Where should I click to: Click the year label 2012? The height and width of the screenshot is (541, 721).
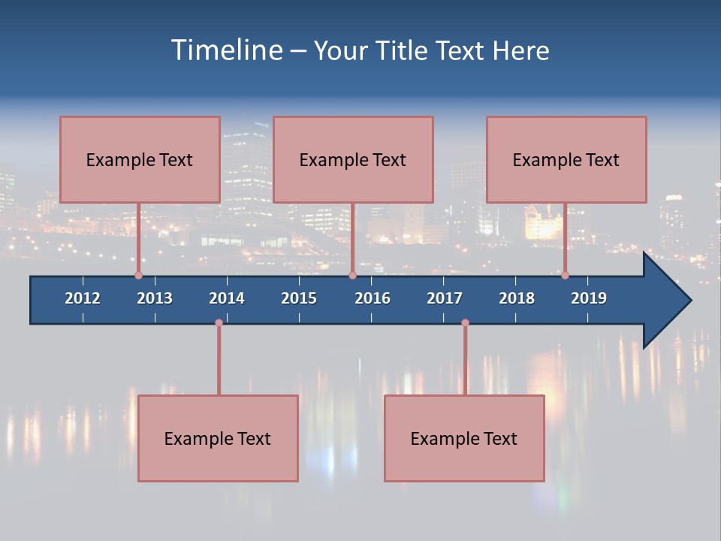coord(83,298)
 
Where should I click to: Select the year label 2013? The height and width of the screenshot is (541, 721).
coord(155,298)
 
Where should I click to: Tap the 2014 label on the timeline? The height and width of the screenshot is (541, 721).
coord(227,298)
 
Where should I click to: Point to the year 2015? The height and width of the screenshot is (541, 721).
coord(299,298)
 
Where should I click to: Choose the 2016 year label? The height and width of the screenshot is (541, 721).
coord(373,298)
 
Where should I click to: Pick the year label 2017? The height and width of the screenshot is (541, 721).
coord(445,298)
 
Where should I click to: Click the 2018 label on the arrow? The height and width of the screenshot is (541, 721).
coord(517,298)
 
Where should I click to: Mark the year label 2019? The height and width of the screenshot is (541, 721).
coord(589,298)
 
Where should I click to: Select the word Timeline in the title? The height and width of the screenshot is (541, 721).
coord(225,50)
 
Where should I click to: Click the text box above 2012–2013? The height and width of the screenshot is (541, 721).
coord(140,159)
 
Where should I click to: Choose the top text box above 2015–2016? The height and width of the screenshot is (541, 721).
coord(353,159)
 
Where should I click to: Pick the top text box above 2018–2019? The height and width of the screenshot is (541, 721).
coord(566,159)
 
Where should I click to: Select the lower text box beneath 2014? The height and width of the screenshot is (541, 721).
coord(218,438)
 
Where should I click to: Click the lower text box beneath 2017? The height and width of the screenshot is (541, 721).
coord(464,438)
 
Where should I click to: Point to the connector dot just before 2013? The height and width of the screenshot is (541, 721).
coord(138,275)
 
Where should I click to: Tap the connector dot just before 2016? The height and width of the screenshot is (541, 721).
coord(352,275)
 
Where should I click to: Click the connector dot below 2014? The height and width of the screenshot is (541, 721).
coord(219,323)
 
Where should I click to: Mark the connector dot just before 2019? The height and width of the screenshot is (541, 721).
coord(565,275)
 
